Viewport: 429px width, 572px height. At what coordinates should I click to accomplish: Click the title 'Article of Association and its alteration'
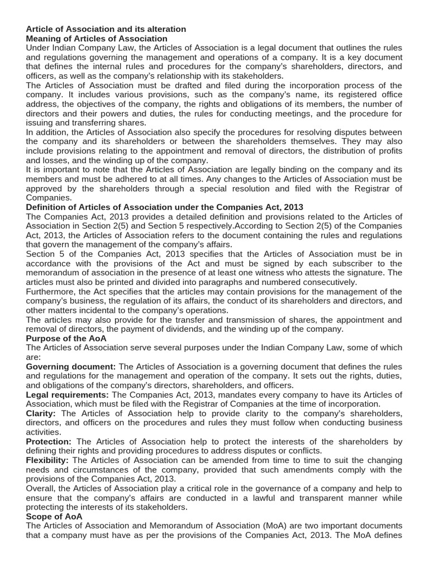[x=106, y=28]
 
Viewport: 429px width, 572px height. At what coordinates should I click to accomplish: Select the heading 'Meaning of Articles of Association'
[x=97, y=39]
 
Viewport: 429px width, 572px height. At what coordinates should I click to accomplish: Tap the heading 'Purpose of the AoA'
[x=66, y=338]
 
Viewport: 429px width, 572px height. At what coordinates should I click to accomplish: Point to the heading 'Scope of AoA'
[x=54, y=517]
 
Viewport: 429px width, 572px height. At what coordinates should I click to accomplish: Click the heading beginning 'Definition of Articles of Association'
[x=165, y=207]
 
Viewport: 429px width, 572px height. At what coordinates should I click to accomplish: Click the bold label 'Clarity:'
[x=41, y=413]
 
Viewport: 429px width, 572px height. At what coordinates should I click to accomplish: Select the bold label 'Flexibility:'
[x=47, y=460]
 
